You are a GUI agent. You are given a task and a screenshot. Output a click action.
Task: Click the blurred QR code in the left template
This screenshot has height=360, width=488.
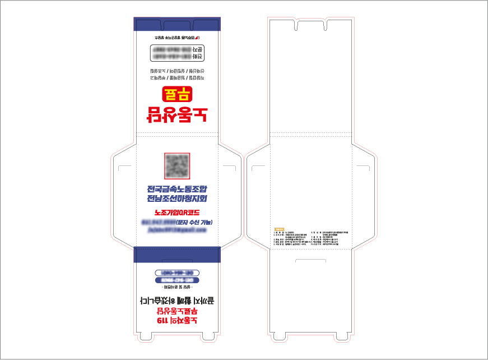click(178, 165)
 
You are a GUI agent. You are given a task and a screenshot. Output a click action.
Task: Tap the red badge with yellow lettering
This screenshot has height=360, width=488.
click(177, 94)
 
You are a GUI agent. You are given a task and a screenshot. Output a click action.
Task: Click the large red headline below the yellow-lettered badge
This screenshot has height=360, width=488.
click(177, 114)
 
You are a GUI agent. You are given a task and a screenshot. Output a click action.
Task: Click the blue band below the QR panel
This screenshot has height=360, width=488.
click(177, 254)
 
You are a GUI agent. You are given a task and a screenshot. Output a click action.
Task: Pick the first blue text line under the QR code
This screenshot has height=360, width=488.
click(177, 188)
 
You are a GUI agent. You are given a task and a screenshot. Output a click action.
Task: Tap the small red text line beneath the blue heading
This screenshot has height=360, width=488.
click(177, 213)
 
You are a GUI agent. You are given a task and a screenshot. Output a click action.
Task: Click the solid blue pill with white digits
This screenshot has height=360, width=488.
click(177, 280)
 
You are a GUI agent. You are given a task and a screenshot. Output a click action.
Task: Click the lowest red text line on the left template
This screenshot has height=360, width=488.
click(177, 321)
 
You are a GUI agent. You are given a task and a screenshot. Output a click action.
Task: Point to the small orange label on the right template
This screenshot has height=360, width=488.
click(279, 229)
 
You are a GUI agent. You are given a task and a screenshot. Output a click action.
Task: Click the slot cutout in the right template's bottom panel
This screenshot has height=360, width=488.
click(310, 261)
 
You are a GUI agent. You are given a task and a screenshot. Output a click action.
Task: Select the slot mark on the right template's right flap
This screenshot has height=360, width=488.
click(363, 168)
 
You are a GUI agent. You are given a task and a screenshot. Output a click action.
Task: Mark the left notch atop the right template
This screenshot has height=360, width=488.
click(297, 25)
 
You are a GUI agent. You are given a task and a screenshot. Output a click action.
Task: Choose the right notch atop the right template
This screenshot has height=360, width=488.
click(327, 25)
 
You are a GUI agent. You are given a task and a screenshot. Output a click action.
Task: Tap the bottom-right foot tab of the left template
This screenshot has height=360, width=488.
click(208, 336)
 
